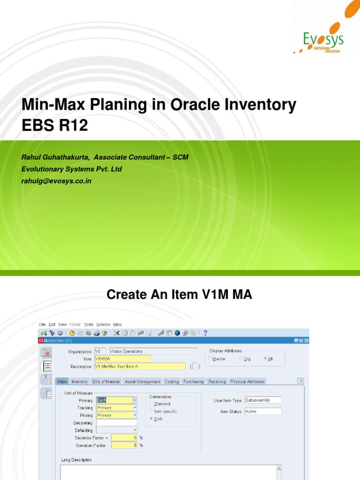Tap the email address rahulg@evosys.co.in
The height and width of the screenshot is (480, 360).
pos(56,180)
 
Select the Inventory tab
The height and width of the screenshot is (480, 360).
pos(79,382)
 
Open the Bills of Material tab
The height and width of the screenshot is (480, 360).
pos(106,382)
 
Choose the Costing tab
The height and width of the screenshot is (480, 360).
pos(172,382)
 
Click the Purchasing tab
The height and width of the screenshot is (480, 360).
pos(193,382)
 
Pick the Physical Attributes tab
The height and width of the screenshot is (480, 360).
pos(247,382)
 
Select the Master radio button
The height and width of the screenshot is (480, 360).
pos(210,359)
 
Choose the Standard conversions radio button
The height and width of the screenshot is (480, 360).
pos(151,404)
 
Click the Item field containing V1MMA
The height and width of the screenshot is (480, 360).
pos(122,359)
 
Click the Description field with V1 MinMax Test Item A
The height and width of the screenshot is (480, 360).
pos(140,366)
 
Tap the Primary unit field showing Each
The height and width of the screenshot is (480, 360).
pos(114,400)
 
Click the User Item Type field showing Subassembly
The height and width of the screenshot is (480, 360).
pos(262,400)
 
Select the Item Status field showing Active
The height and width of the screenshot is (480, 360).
pos(262,412)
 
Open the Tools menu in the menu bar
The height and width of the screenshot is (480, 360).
pos(88,324)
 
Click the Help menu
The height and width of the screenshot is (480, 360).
pos(117,324)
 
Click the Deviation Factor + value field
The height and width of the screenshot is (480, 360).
pos(124,438)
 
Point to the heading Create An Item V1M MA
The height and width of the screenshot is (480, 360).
pos(180,295)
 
